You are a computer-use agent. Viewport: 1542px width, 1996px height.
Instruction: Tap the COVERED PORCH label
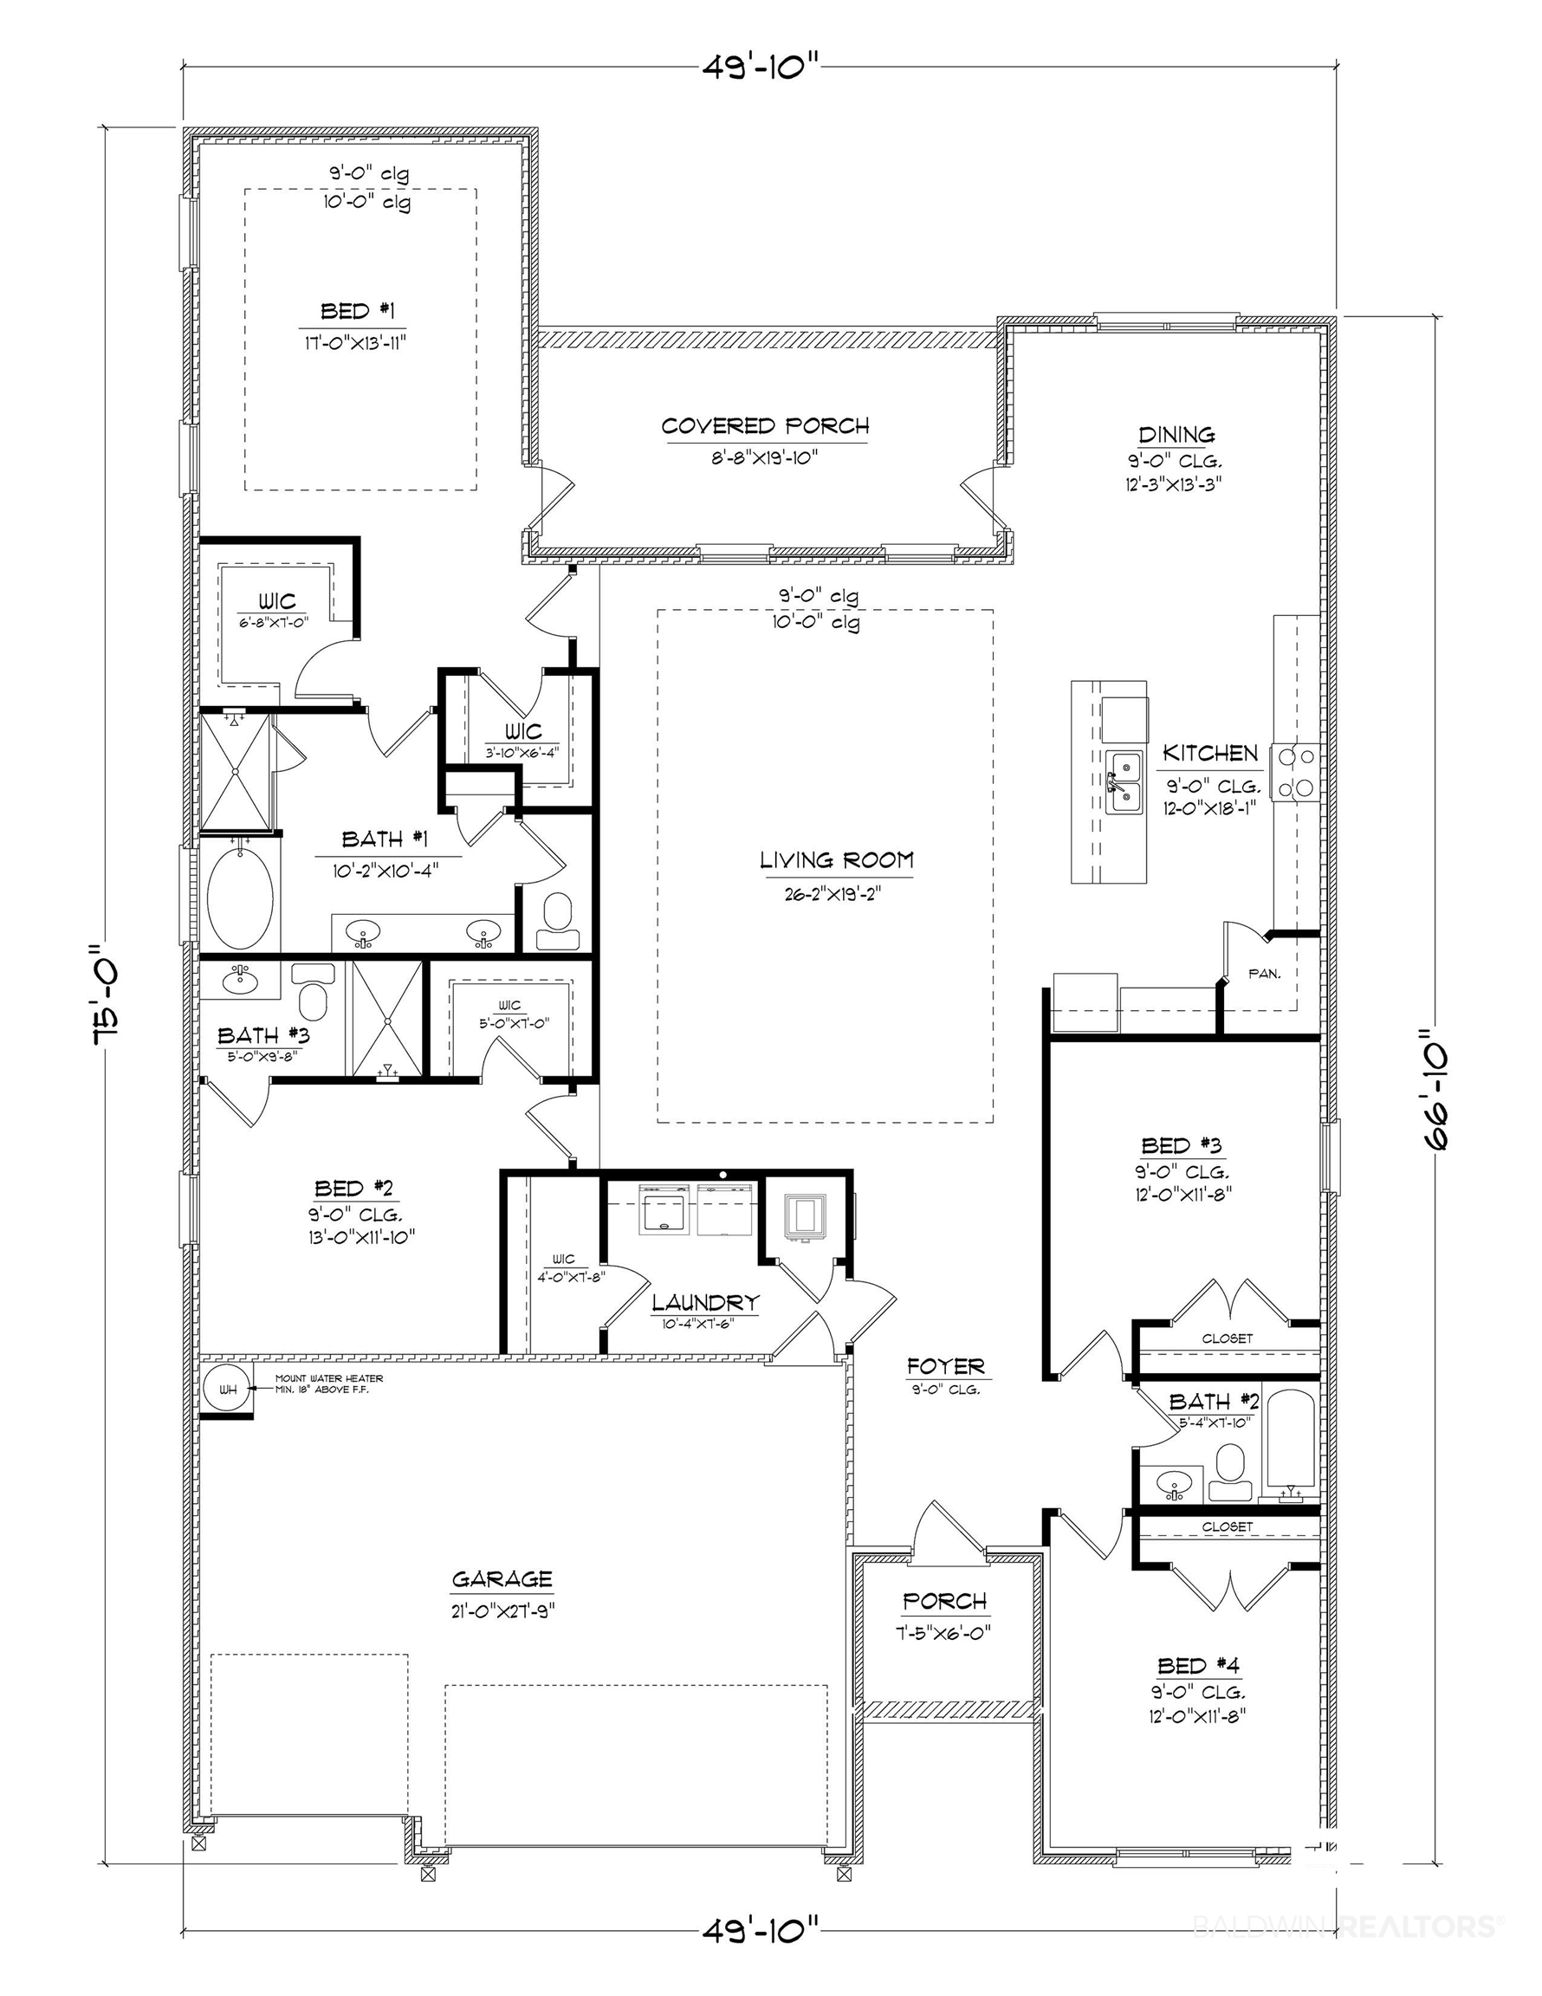(765, 426)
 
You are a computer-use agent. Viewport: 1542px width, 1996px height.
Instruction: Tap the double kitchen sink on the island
(1125, 782)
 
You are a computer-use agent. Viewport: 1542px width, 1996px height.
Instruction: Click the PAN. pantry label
(1264, 975)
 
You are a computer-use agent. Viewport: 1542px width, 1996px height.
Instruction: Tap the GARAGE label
(502, 1578)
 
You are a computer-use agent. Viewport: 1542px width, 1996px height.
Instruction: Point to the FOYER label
(945, 1366)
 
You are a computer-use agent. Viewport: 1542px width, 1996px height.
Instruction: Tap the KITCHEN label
(1210, 753)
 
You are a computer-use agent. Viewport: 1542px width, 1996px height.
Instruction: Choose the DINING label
(1176, 435)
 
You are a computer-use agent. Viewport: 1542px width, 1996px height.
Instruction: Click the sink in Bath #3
(240, 981)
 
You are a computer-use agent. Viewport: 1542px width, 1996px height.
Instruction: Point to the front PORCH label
(945, 1601)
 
